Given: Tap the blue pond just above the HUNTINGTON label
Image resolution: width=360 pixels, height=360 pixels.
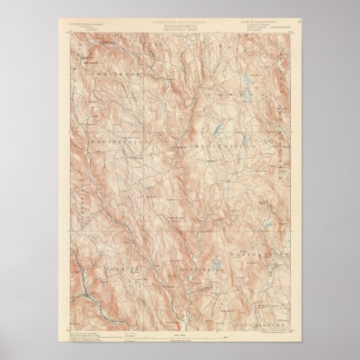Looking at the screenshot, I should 216,262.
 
